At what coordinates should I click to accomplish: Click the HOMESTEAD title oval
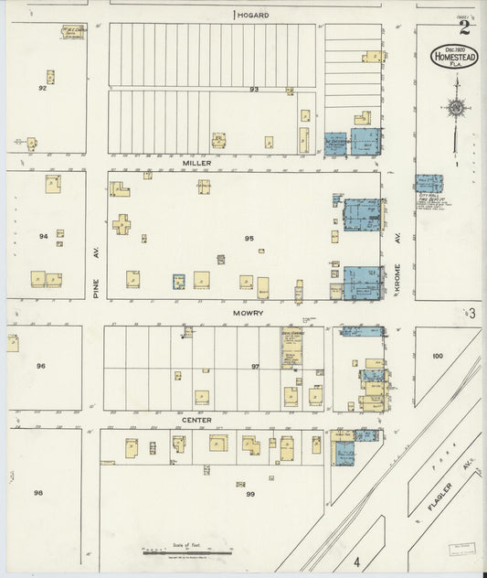click(x=454, y=56)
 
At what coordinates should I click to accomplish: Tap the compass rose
click(x=455, y=109)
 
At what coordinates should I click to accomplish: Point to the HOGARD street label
click(x=255, y=15)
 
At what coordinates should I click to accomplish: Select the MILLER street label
click(x=196, y=163)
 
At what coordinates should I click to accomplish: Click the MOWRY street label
click(x=248, y=313)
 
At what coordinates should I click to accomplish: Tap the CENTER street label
click(x=196, y=420)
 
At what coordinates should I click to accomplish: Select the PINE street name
click(x=94, y=289)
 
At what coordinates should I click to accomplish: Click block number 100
click(x=437, y=356)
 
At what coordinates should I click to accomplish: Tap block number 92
click(x=42, y=88)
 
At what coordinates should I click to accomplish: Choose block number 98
click(x=38, y=493)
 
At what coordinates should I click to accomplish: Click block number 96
click(x=40, y=366)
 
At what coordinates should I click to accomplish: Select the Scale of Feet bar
click(x=187, y=551)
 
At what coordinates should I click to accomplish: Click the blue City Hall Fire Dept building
click(x=429, y=184)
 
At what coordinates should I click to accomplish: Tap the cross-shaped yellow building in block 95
click(x=121, y=223)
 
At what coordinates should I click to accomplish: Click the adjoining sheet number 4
click(x=358, y=561)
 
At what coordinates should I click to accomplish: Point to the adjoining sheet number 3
click(x=472, y=314)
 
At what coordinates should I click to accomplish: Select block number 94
click(x=43, y=236)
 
